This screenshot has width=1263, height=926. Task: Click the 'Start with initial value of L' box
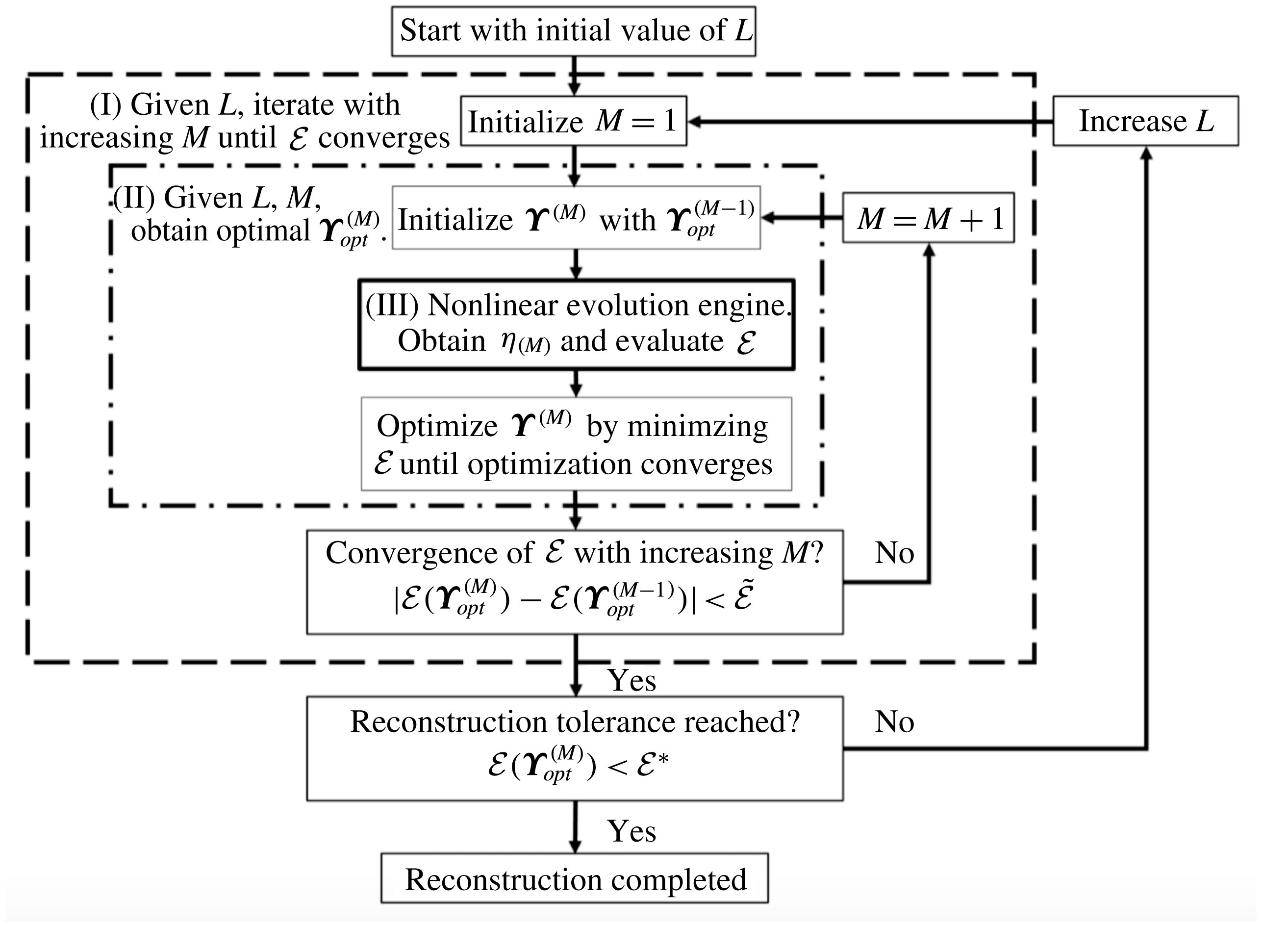(573, 31)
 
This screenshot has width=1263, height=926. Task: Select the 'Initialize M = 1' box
(573, 121)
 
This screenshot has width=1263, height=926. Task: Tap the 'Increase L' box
(1145, 121)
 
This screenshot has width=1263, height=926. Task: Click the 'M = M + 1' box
(928, 218)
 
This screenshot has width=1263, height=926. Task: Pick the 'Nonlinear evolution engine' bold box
(576, 324)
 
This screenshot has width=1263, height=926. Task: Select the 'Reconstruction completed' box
(574, 878)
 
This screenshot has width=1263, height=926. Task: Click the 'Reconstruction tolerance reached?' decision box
(574, 748)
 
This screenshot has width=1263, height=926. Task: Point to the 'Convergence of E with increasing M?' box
(574, 582)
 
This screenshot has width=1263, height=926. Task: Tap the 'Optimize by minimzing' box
(576, 444)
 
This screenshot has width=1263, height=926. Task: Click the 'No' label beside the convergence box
(894, 553)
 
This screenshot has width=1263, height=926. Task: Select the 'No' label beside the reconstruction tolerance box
(894, 722)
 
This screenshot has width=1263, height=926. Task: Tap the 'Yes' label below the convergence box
(631, 680)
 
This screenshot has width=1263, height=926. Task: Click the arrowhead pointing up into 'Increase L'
(1146, 153)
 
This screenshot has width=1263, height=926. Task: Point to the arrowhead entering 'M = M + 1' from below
(929, 250)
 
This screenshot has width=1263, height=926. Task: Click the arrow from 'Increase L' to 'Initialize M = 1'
(868, 121)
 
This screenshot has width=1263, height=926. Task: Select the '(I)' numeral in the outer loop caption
(105, 105)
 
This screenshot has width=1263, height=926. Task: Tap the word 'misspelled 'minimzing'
(697, 427)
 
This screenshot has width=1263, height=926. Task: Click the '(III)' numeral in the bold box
(392, 306)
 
